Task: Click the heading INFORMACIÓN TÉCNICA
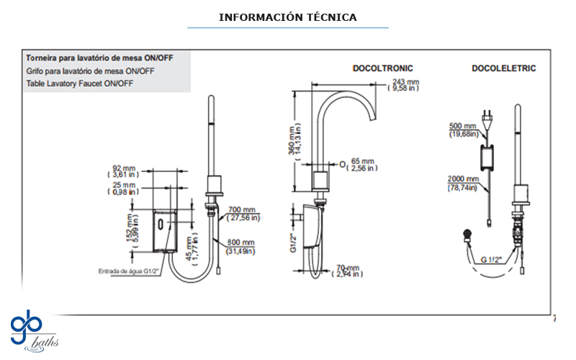[x=287, y=17]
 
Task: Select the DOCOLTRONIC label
[x=382, y=68]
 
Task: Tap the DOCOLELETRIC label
[x=503, y=68]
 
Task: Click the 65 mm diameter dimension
[x=361, y=164]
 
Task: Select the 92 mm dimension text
[x=125, y=170]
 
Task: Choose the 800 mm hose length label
[x=241, y=246]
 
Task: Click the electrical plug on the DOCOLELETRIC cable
[x=489, y=116]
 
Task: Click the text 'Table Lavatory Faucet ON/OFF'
[x=79, y=84]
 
